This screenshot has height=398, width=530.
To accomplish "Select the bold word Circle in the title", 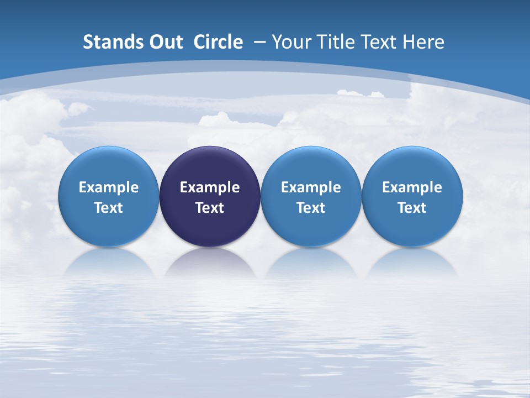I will pyautogui.click(x=218, y=42).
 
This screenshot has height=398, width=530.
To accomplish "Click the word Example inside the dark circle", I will pyautogui.click(x=210, y=187).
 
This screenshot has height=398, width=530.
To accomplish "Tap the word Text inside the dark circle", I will pyautogui.click(x=210, y=208).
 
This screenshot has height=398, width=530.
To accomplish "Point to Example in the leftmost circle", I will pyautogui.click(x=108, y=187).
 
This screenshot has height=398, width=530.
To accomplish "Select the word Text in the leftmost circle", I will pyautogui.click(x=108, y=208).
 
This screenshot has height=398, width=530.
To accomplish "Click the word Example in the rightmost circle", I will pyautogui.click(x=412, y=187).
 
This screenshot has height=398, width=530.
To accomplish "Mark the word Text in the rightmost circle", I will pyautogui.click(x=412, y=208).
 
